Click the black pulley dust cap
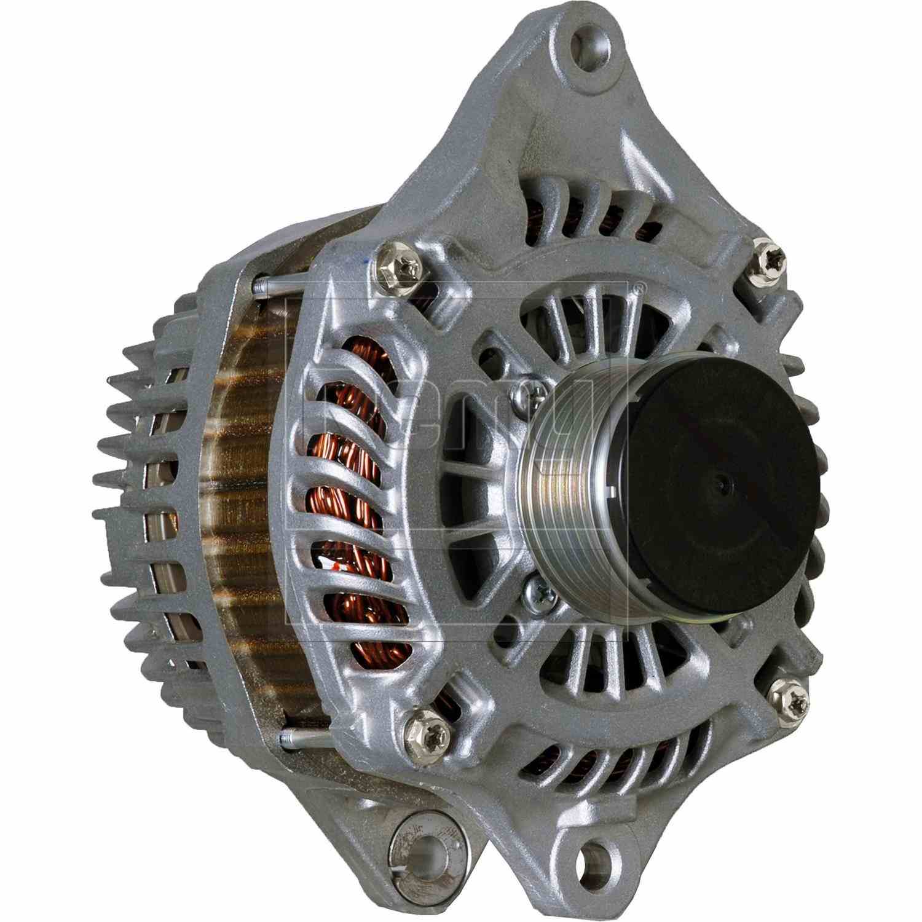(x=722, y=486)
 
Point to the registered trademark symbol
(x=639, y=287)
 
